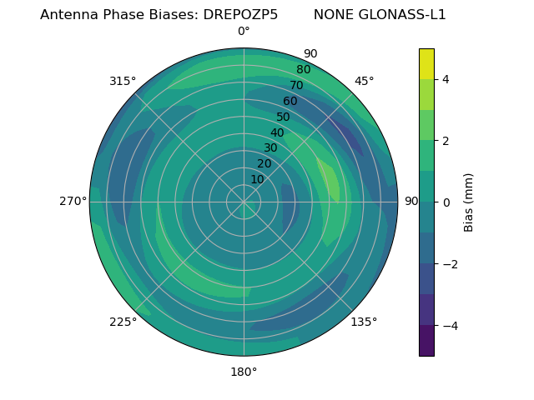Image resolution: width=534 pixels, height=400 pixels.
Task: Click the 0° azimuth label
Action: (244, 32)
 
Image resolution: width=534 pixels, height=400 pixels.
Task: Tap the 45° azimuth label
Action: (364, 81)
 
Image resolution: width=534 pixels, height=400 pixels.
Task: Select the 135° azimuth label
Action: (364, 322)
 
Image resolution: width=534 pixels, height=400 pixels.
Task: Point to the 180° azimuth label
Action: (244, 372)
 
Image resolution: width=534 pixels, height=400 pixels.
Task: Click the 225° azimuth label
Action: (123, 322)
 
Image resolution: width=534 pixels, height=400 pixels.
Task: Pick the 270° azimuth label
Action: (73, 201)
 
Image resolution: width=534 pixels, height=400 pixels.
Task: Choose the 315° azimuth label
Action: (123, 81)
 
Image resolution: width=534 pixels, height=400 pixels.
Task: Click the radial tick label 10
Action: (257, 179)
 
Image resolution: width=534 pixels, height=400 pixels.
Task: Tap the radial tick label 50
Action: (284, 117)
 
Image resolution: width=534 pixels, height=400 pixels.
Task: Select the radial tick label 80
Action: (304, 70)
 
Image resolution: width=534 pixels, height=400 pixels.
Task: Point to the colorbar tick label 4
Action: (446, 79)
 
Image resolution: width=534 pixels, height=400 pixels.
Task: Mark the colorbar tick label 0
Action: (446, 202)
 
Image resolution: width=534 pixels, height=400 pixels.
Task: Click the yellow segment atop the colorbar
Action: (426, 63)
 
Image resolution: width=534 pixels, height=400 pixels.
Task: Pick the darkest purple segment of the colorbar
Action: (426, 341)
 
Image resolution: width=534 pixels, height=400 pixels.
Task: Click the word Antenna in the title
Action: (68, 14)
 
